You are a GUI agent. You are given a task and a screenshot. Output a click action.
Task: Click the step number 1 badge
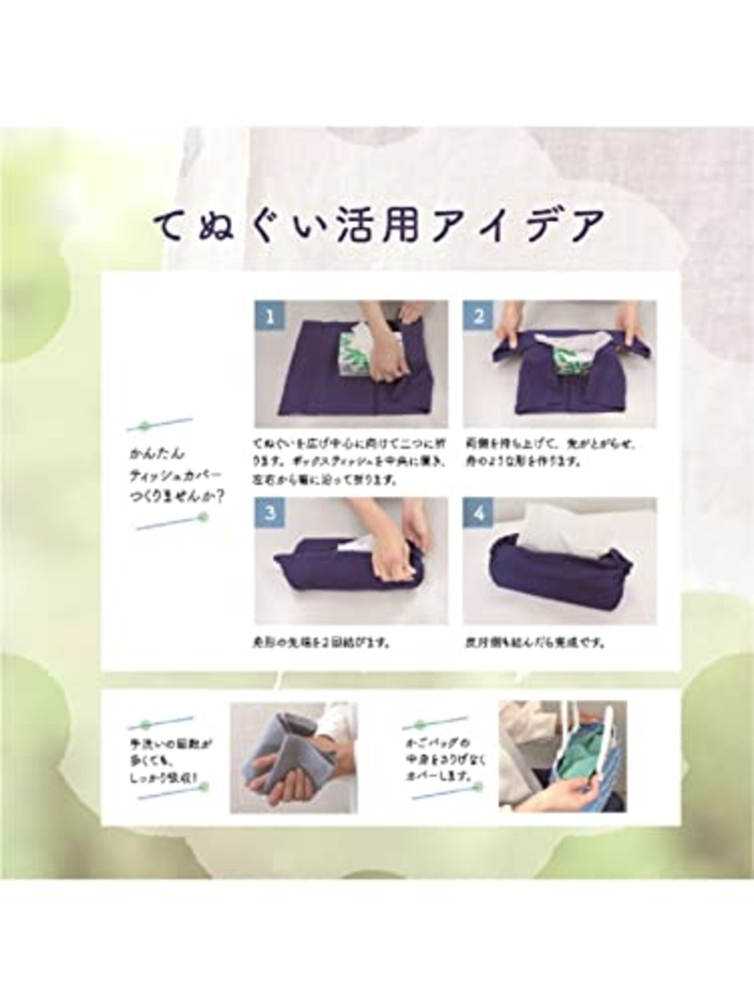click(x=270, y=317)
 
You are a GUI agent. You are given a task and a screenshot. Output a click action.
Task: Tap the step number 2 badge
click(x=478, y=317)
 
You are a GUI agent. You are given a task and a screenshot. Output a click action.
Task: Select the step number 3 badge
click(x=270, y=513)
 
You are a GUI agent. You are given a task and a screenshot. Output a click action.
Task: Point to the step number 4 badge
click(x=478, y=513)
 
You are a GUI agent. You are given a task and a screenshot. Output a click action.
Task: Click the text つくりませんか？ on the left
click(x=176, y=497)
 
